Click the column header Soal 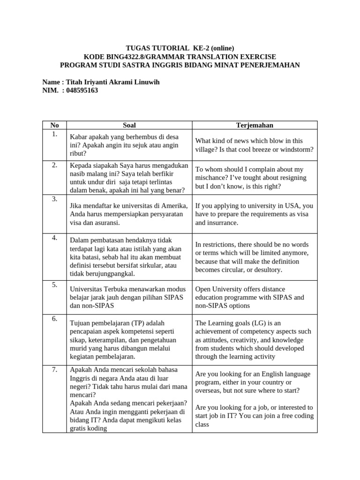(129, 125)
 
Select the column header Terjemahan (255, 125)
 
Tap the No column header (54, 125)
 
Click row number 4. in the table (54, 238)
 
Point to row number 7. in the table (54, 370)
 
